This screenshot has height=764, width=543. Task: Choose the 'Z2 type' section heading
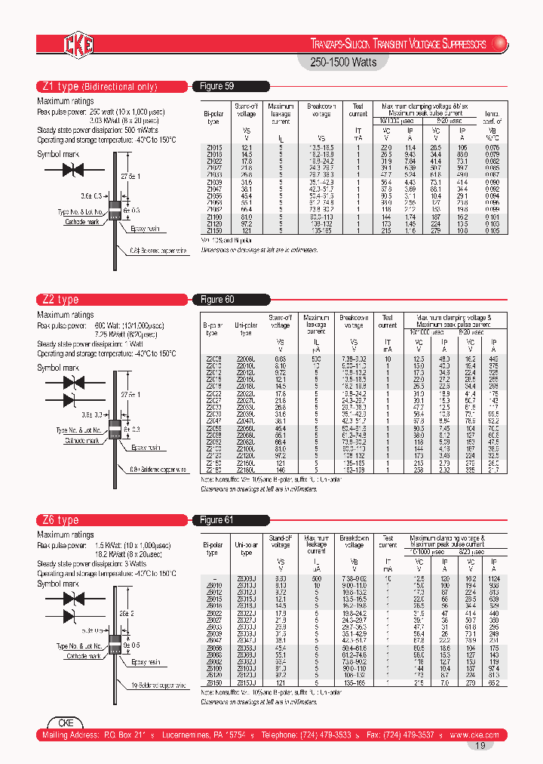[58, 300]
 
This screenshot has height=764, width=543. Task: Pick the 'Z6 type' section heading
[58, 520]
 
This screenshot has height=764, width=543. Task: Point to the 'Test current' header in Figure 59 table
[358, 110]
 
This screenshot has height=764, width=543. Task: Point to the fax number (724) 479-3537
[403, 735]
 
